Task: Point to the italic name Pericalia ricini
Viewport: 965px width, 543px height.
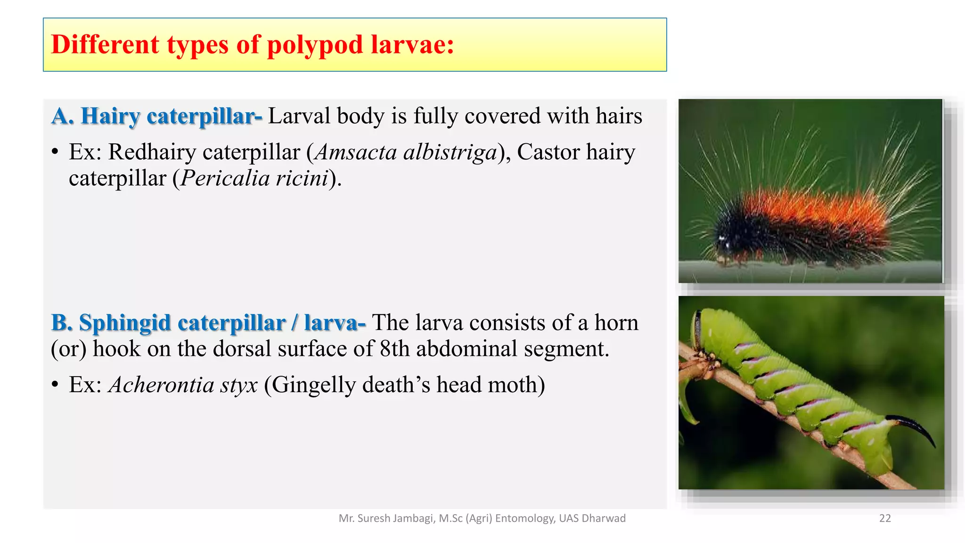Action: pos(254,179)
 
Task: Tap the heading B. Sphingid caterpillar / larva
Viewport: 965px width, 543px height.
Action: pos(207,323)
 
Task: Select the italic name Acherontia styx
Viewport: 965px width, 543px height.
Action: pos(183,385)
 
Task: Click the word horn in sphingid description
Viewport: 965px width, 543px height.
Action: pos(616,323)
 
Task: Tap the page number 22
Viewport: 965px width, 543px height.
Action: pos(885,518)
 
